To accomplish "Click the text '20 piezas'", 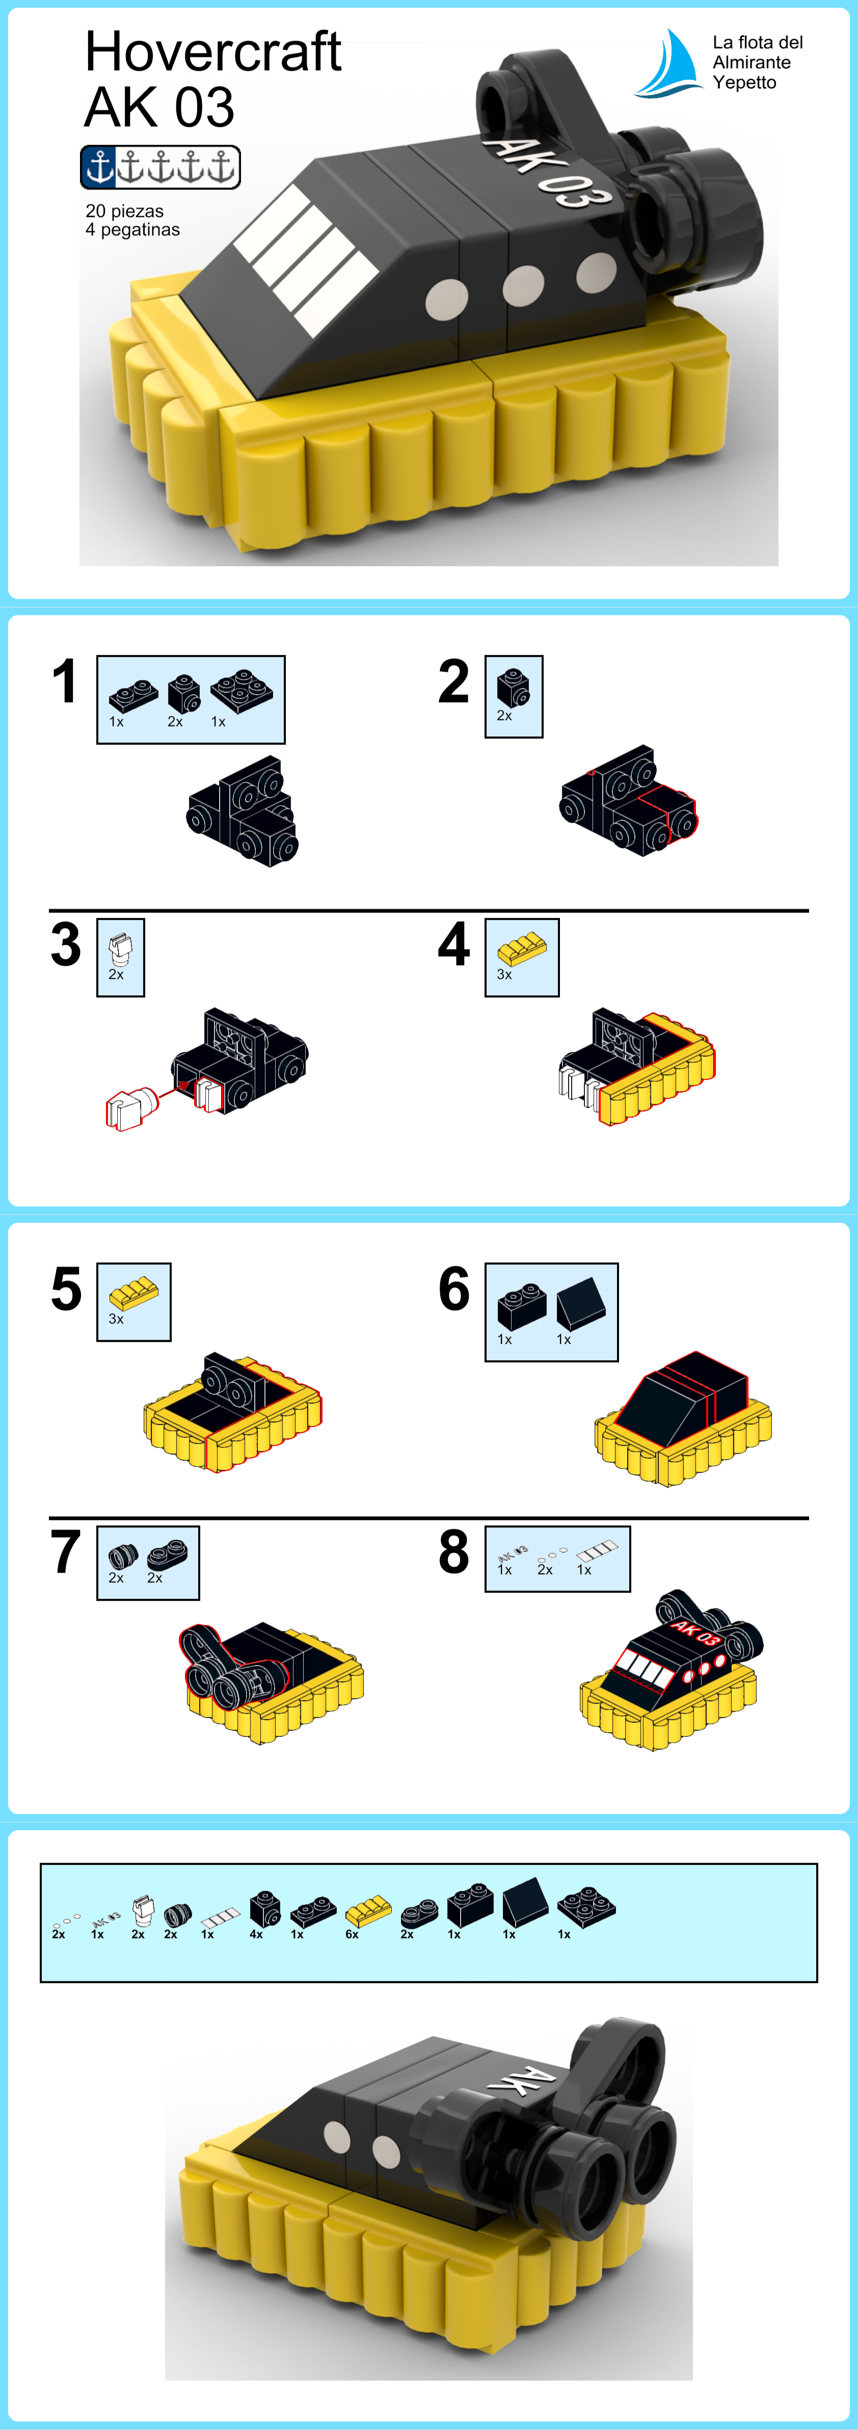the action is pos(124,212).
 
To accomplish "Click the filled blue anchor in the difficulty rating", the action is pos(99,167).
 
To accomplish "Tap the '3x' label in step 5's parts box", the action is pos(116,1319).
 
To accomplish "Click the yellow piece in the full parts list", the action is pos(369,1911).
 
